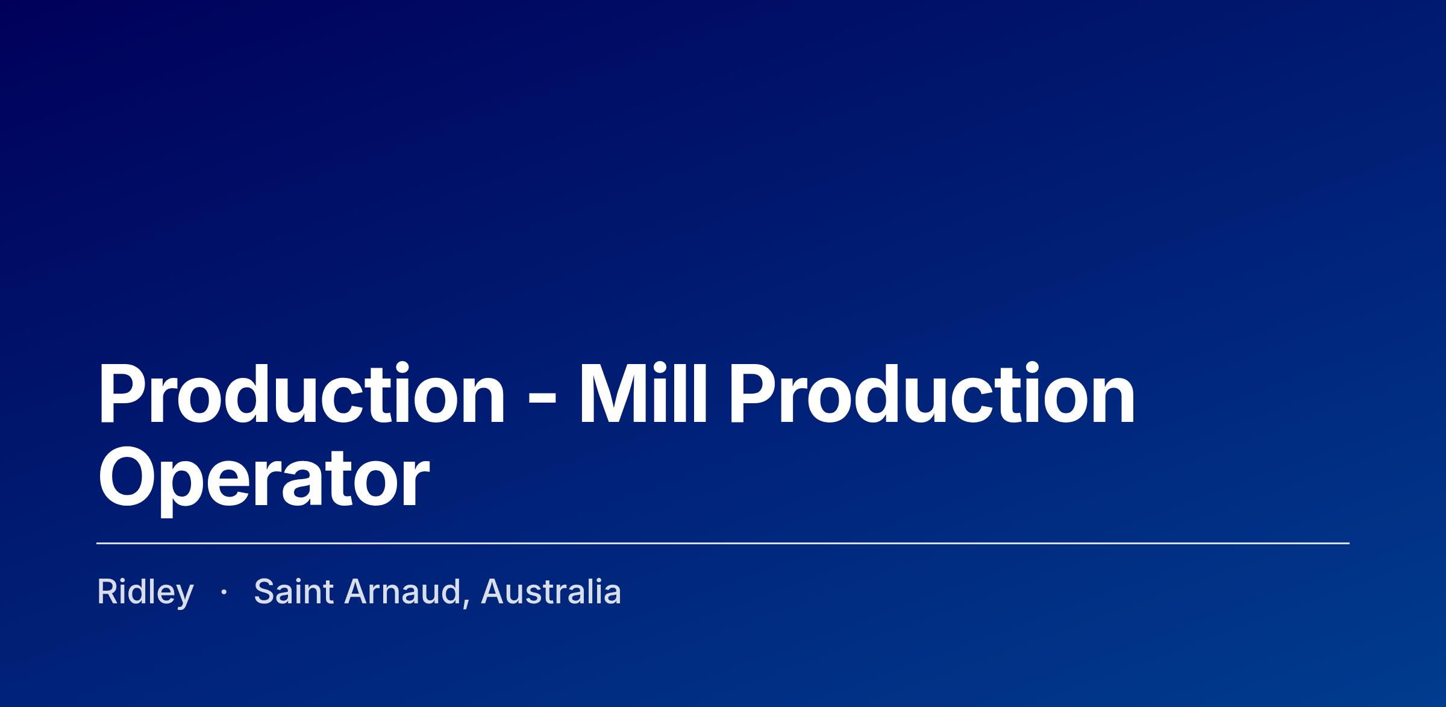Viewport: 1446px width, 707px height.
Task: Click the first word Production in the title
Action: coord(302,395)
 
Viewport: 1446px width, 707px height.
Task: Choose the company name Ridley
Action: coord(146,592)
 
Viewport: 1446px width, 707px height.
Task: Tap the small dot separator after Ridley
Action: coord(224,593)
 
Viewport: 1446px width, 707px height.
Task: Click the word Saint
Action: coord(294,591)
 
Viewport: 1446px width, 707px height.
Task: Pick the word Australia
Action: coord(551,591)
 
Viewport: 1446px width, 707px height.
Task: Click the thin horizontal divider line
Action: coord(723,543)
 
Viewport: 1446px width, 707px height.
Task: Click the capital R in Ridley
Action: coord(109,591)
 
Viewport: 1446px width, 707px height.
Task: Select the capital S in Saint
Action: coord(266,591)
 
